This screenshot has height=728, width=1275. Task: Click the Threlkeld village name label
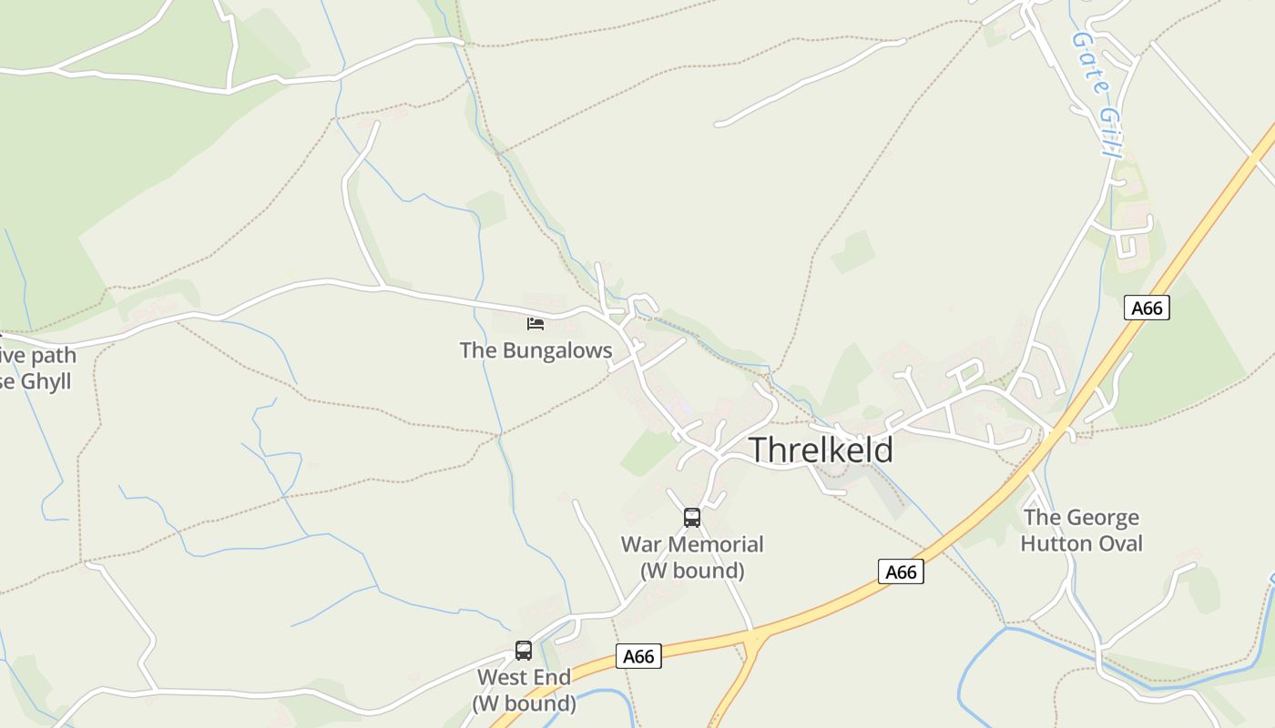click(x=821, y=450)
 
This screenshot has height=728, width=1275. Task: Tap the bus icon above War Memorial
click(x=692, y=518)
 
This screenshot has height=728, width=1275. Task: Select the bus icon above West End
click(x=524, y=651)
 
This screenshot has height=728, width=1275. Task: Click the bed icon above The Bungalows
click(x=535, y=323)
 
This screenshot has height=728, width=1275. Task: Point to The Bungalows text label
click(x=535, y=350)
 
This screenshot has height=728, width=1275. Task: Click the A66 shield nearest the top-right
click(x=1147, y=308)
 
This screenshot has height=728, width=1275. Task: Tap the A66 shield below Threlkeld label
click(x=901, y=571)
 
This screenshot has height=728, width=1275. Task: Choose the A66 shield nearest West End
click(x=638, y=656)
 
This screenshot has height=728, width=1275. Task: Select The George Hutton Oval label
click(x=1081, y=531)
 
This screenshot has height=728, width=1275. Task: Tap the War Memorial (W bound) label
click(x=692, y=558)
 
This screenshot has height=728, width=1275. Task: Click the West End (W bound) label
click(x=524, y=691)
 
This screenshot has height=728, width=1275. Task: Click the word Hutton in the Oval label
click(x=1056, y=544)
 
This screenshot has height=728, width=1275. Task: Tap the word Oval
click(x=1119, y=544)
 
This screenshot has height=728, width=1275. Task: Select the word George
click(x=1104, y=518)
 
